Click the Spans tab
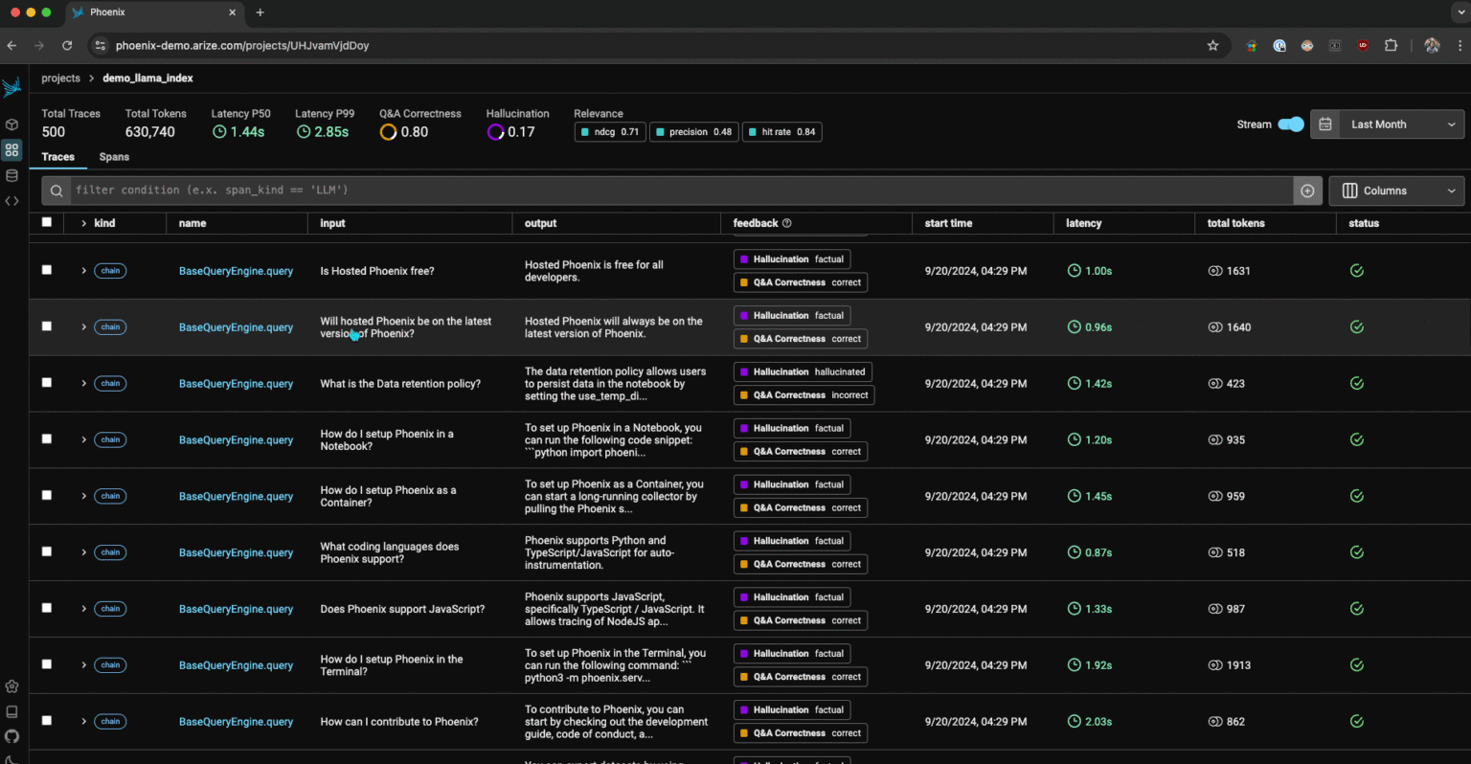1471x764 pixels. [x=114, y=157]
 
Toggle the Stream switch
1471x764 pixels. [x=1290, y=124]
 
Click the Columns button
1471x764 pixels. [x=1395, y=191]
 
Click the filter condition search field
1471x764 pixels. [x=670, y=191]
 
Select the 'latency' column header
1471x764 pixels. [x=1083, y=223]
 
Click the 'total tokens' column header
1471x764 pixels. [x=1235, y=223]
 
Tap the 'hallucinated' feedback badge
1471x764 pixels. [x=803, y=372]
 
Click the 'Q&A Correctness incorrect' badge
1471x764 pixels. [x=803, y=395]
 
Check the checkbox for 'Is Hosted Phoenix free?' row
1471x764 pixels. [x=47, y=270]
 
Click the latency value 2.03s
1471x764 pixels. [x=1098, y=722]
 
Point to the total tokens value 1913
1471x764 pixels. [x=1237, y=665]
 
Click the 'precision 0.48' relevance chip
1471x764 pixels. [x=693, y=132]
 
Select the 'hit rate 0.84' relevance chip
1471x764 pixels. [x=781, y=132]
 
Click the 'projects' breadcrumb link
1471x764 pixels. [x=60, y=79]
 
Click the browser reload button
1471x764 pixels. [x=67, y=45]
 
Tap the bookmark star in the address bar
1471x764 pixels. [x=1212, y=45]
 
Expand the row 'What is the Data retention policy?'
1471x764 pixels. [x=84, y=383]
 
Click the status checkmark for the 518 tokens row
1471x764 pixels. [x=1356, y=552]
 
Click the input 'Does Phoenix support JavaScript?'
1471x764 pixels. [x=402, y=609]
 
